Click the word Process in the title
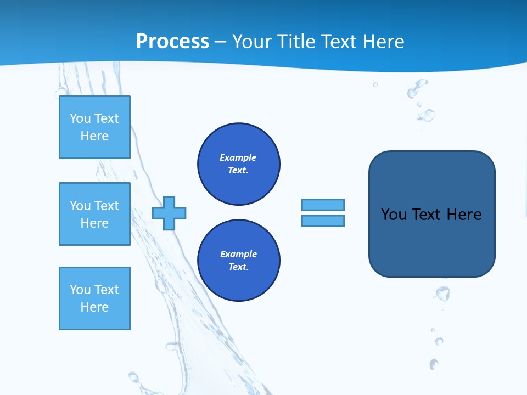pos(172,41)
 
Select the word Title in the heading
pos(299,41)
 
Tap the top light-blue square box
pos(94,127)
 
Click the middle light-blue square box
pos(94,214)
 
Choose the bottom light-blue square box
pos(94,298)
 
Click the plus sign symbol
pos(169,213)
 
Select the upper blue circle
pos(239,164)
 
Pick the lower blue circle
pos(239,261)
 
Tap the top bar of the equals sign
pos(323,205)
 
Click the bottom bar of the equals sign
pos(323,221)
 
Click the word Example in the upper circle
pos(238,157)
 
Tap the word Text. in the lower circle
pos(238,267)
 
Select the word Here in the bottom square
pos(94,307)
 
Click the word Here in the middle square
pos(94,223)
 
